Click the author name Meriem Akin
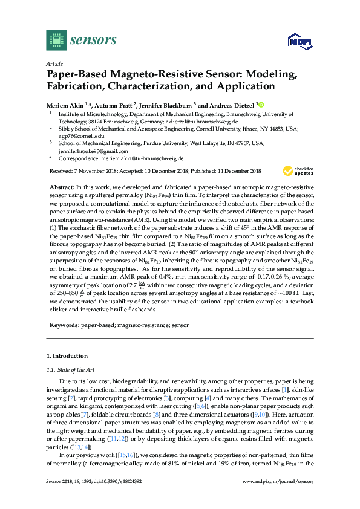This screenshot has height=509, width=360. point(64,104)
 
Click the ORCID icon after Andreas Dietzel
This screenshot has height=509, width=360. point(261,104)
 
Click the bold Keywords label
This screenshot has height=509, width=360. point(64,325)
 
